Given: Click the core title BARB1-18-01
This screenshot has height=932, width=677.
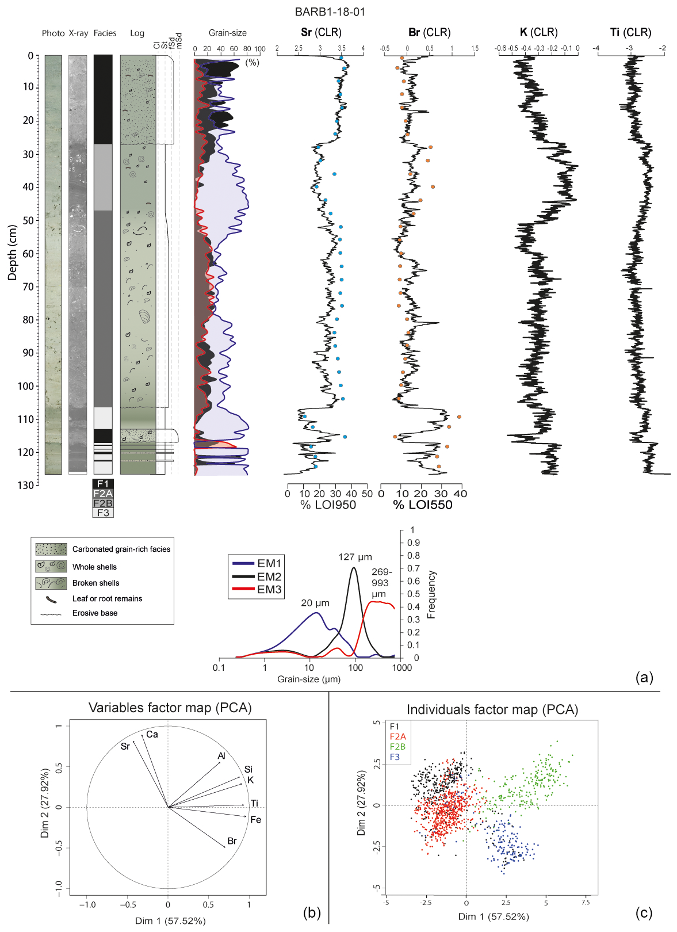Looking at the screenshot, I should (x=330, y=12).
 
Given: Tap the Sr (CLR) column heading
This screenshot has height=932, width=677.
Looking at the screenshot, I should (x=321, y=32).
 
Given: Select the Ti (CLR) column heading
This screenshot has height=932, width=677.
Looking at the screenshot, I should (x=630, y=32).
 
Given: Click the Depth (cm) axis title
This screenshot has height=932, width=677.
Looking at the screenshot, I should (x=12, y=253).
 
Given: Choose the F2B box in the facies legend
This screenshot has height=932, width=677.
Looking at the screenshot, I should (x=103, y=503).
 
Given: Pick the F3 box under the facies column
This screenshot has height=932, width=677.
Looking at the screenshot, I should (x=103, y=513).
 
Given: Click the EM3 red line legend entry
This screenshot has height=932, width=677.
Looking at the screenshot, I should (x=256, y=590).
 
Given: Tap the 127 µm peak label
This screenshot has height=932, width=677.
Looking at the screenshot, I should (x=355, y=557).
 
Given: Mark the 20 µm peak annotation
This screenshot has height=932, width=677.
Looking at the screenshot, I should (x=315, y=603).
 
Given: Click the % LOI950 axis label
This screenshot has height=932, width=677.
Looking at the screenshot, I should (x=328, y=505).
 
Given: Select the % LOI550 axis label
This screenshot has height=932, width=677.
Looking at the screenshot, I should (x=423, y=505).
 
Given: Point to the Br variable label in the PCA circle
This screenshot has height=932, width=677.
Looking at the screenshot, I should (x=232, y=841).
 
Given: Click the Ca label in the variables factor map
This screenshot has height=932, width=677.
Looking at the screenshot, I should (x=152, y=735).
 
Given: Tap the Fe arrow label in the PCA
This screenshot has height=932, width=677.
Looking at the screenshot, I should (x=256, y=820).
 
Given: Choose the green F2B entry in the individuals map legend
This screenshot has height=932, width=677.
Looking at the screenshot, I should (x=397, y=747).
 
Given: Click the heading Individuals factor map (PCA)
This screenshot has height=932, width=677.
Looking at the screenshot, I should (x=492, y=710).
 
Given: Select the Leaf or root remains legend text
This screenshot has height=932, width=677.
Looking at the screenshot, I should (x=107, y=598).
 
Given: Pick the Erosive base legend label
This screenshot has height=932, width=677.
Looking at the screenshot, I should (x=95, y=613).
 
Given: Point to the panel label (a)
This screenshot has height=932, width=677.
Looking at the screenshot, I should (x=644, y=677).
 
